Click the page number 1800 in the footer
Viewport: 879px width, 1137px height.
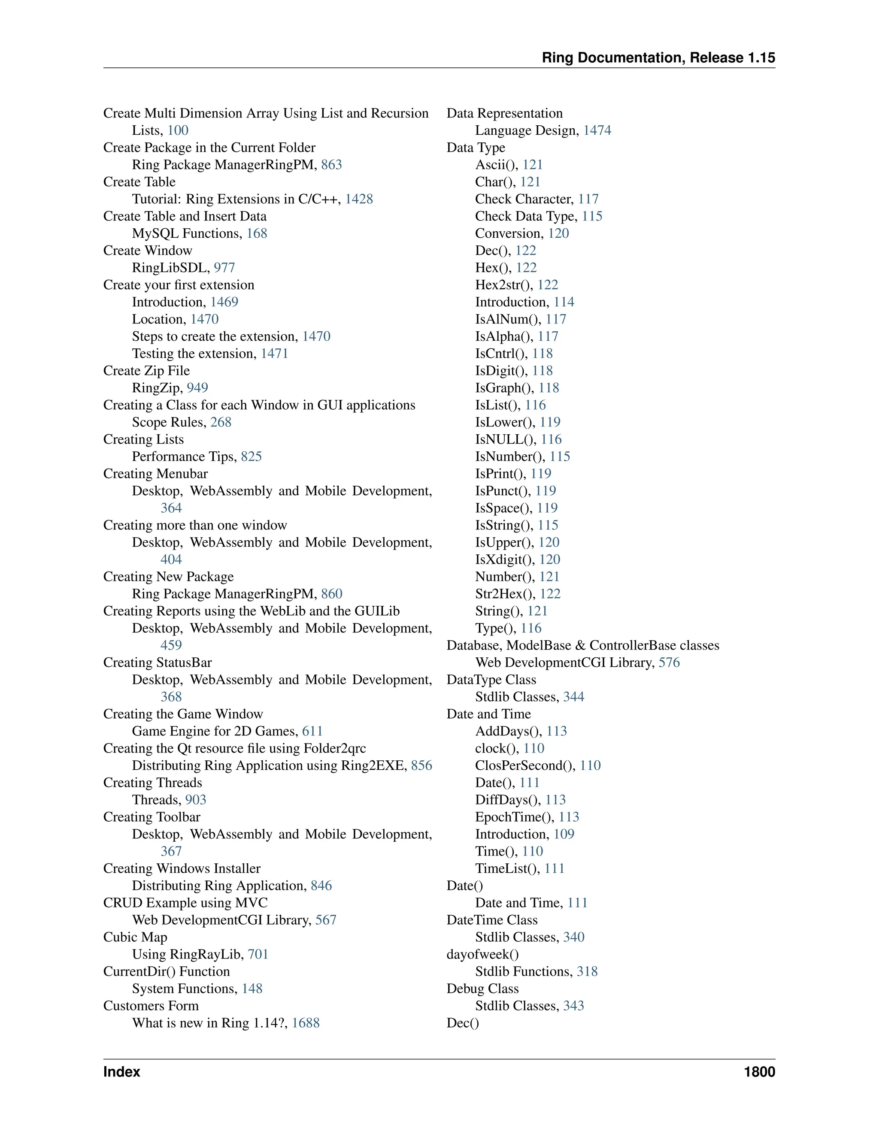point(759,1072)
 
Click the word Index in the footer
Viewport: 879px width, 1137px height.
point(121,1072)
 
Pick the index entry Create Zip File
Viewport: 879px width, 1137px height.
point(146,371)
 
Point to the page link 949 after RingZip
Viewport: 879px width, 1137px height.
point(197,388)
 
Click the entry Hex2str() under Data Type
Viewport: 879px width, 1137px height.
point(504,285)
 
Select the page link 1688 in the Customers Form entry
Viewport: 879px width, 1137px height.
point(305,1023)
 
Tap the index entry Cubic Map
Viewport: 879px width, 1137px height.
point(135,937)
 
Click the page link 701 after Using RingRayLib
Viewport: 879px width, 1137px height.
point(258,954)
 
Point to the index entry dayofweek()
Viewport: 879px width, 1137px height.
point(482,954)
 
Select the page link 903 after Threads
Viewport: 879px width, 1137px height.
point(196,800)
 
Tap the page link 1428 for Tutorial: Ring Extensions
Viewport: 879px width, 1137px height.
point(359,199)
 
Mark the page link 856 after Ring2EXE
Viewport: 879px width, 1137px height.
point(421,765)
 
